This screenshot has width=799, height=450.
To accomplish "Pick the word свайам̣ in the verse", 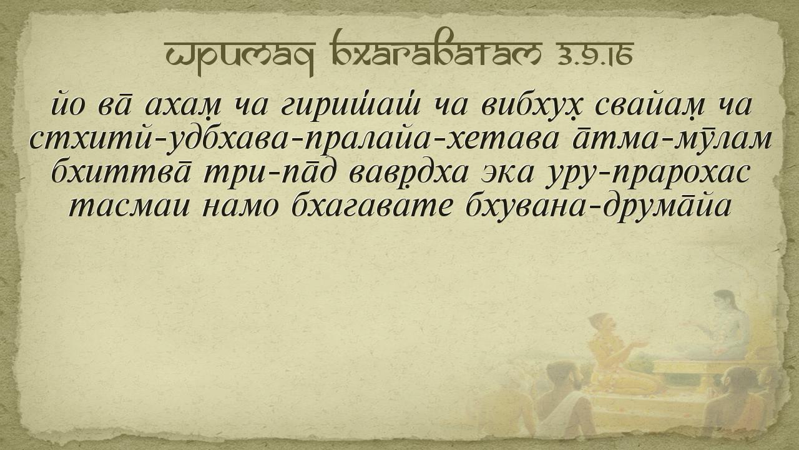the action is point(650,106).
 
